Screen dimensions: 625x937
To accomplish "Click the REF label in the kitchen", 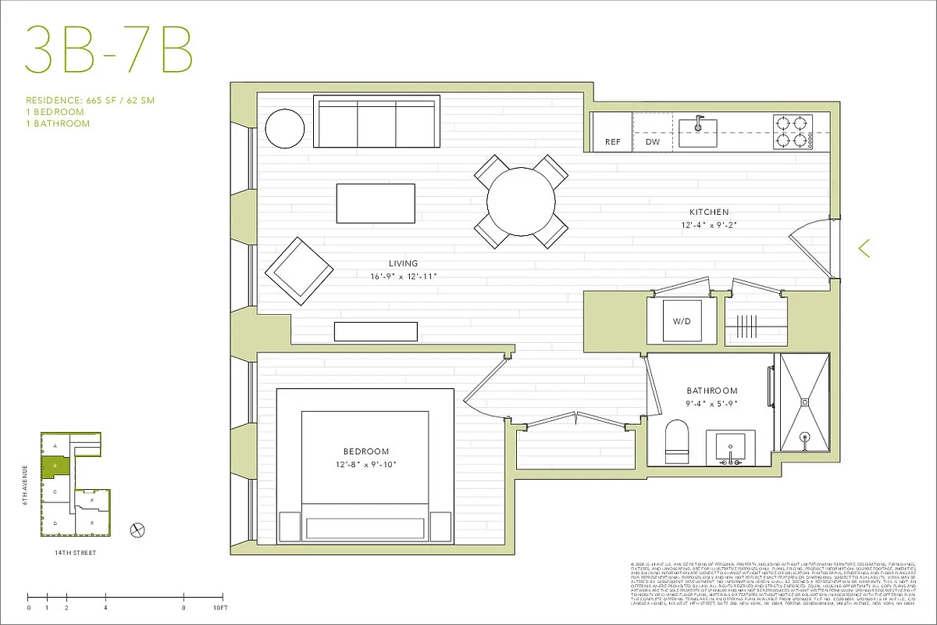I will pyautogui.click(x=613, y=142).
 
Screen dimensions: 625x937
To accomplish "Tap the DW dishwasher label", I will pyautogui.click(x=653, y=142).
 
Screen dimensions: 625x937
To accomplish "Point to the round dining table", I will pyautogui.click(x=521, y=201).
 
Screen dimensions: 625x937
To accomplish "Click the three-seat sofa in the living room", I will pyautogui.click(x=376, y=121).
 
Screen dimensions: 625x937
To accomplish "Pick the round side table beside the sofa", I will pyautogui.click(x=284, y=127).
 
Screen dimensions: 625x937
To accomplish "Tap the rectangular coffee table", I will pyautogui.click(x=376, y=203).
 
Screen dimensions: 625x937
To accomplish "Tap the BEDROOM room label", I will pyautogui.click(x=365, y=452).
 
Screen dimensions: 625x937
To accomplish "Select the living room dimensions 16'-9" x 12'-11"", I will pyautogui.click(x=403, y=277).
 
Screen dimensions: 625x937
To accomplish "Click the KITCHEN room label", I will pyautogui.click(x=708, y=212).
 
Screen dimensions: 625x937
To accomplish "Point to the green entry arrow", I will pyautogui.click(x=864, y=248).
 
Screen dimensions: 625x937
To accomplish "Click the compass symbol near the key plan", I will pyautogui.click(x=138, y=529).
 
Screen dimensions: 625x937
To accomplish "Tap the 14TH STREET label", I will pyautogui.click(x=74, y=552).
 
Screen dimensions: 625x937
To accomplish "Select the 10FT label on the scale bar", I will pyautogui.click(x=220, y=607).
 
